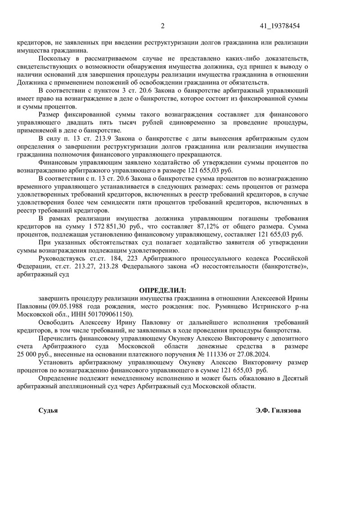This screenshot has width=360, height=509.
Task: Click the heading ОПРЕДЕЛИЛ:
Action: click(x=162, y=291)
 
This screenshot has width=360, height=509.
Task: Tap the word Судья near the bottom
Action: click(x=48, y=410)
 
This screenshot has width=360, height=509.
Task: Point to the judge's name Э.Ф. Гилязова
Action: click(x=278, y=410)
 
